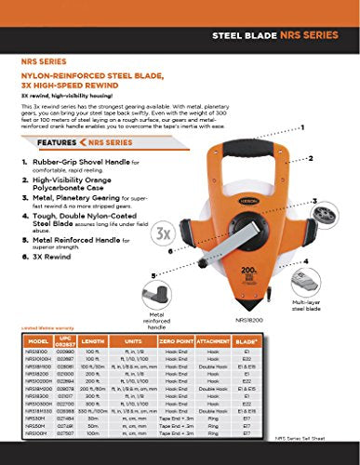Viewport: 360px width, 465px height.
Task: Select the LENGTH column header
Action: (90, 341)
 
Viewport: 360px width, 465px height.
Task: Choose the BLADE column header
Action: (242, 341)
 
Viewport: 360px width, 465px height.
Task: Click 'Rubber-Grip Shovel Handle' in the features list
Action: (73, 161)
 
